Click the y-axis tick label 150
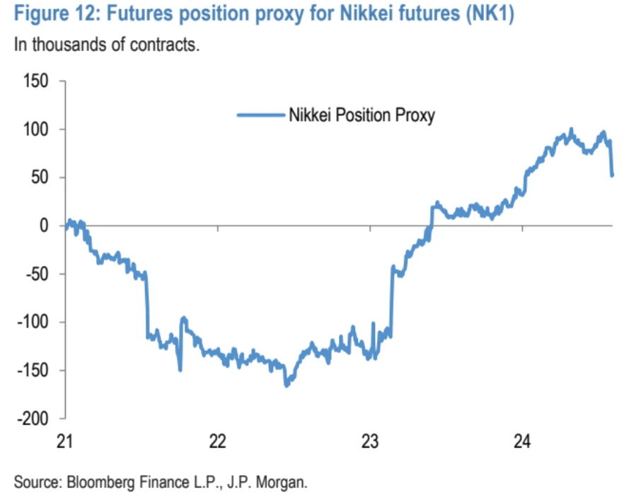coord(36,81)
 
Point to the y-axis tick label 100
coord(36,129)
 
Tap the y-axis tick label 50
coord(40,178)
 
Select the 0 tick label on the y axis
coord(44,226)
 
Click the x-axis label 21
coord(64,441)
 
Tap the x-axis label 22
coord(217,441)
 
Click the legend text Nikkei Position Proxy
coord(362,115)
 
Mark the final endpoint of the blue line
coord(612,175)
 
